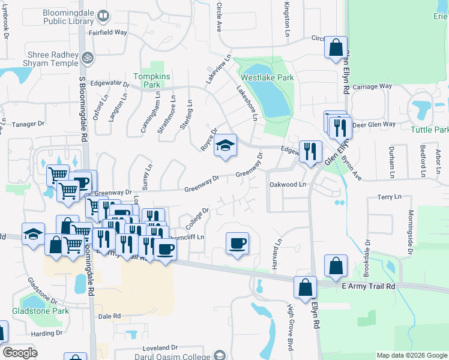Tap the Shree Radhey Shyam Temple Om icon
click(x=88, y=58)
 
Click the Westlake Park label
click(x=267, y=77)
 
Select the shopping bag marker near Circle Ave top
click(x=336, y=47)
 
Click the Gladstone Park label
click(x=41, y=311)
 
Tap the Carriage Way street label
click(x=372, y=86)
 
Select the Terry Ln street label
click(x=389, y=197)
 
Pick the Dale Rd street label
click(x=110, y=316)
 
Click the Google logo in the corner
click(x=20, y=353)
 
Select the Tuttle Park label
click(x=430, y=130)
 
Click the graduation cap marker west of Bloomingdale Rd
click(x=33, y=235)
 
